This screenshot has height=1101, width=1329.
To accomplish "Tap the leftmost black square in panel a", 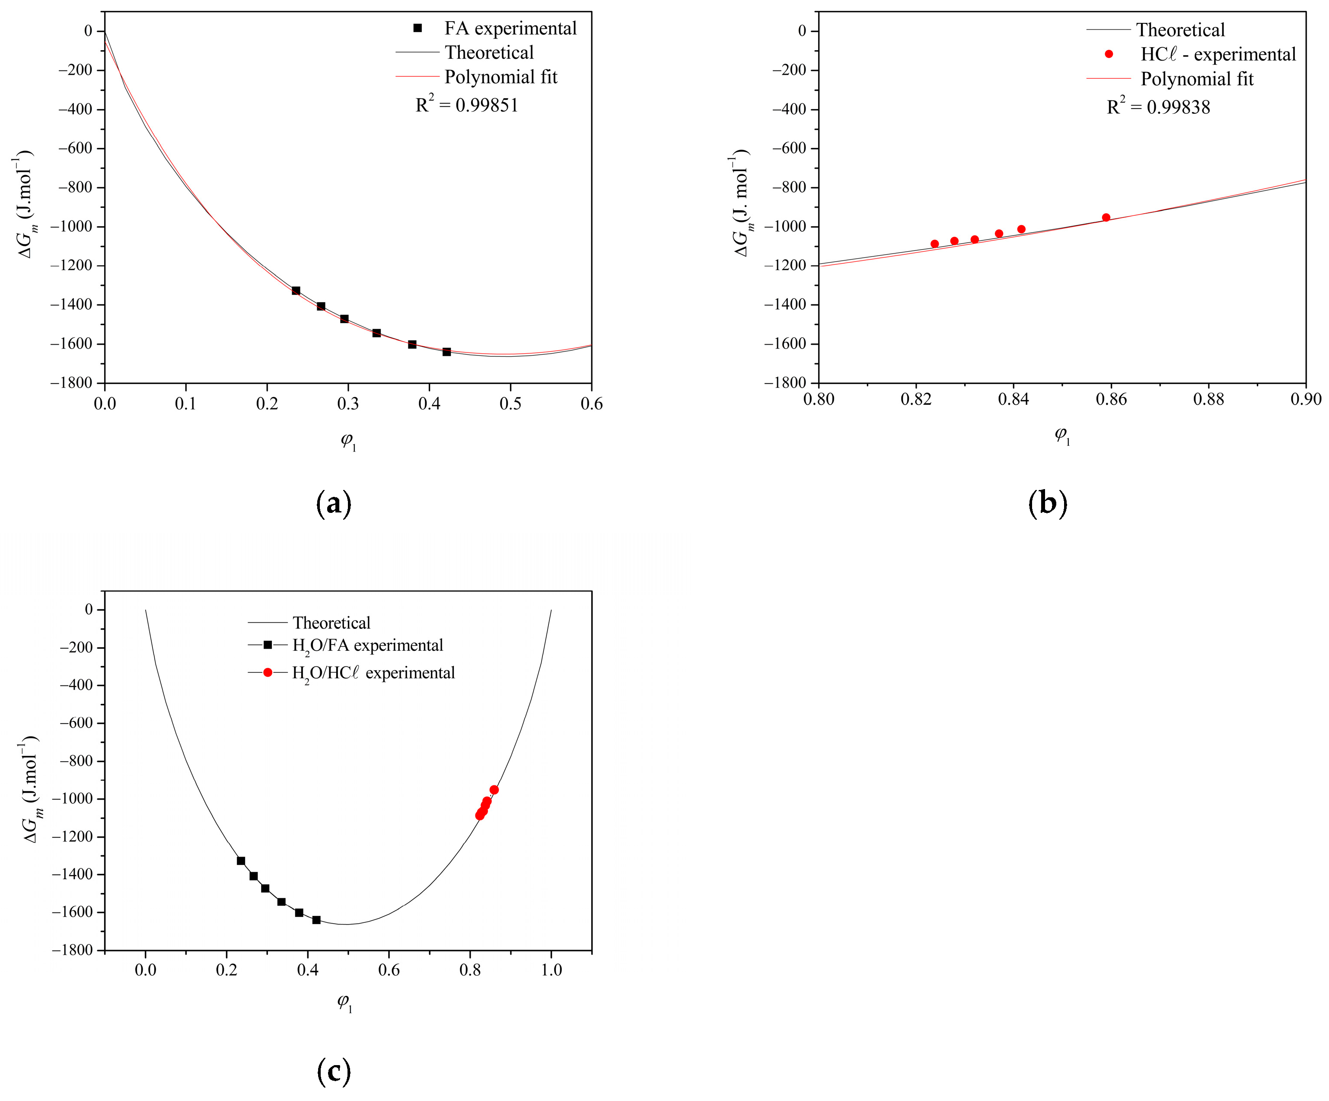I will pyautogui.click(x=296, y=291).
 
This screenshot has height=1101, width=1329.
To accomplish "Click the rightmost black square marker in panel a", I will pyautogui.click(x=447, y=352).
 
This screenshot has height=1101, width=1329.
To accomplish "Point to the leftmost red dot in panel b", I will pyautogui.click(x=935, y=244).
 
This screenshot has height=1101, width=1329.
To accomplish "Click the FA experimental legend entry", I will pyautogui.click(x=510, y=29).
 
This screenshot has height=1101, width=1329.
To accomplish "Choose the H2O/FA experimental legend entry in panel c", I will pyautogui.click(x=367, y=645).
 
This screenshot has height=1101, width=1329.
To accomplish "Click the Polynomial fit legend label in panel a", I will pyautogui.click(x=500, y=77).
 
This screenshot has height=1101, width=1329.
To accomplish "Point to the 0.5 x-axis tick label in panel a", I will pyautogui.click(x=510, y=404).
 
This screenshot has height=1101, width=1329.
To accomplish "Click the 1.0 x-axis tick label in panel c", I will pyautogui.click(x=551, y=970).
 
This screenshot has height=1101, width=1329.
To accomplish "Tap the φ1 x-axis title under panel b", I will pyautogui.click(x=1062, y=435).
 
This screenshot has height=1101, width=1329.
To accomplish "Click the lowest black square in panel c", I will pyautogui.click(x=316, y=920).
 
